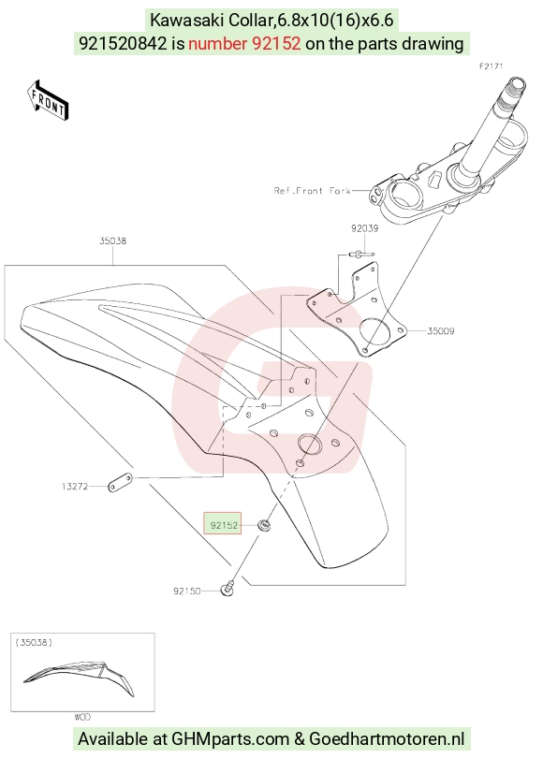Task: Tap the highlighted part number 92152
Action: pos(224,525)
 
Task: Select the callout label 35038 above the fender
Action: pos(113,241)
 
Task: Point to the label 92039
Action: pos(365,228)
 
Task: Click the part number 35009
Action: pos(441,331)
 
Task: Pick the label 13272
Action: pos(75,486)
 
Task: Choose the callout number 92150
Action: pos(186,591)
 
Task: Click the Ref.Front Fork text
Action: pos(312,191)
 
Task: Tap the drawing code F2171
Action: pos(492,66)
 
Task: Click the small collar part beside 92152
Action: pos(264,525)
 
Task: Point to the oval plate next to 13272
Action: pos(120,482)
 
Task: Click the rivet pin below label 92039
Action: pos(360,254)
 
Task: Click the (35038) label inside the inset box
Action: pos(34,642)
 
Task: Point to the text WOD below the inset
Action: pos(82,717)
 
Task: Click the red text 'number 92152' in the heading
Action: pos(244,44)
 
